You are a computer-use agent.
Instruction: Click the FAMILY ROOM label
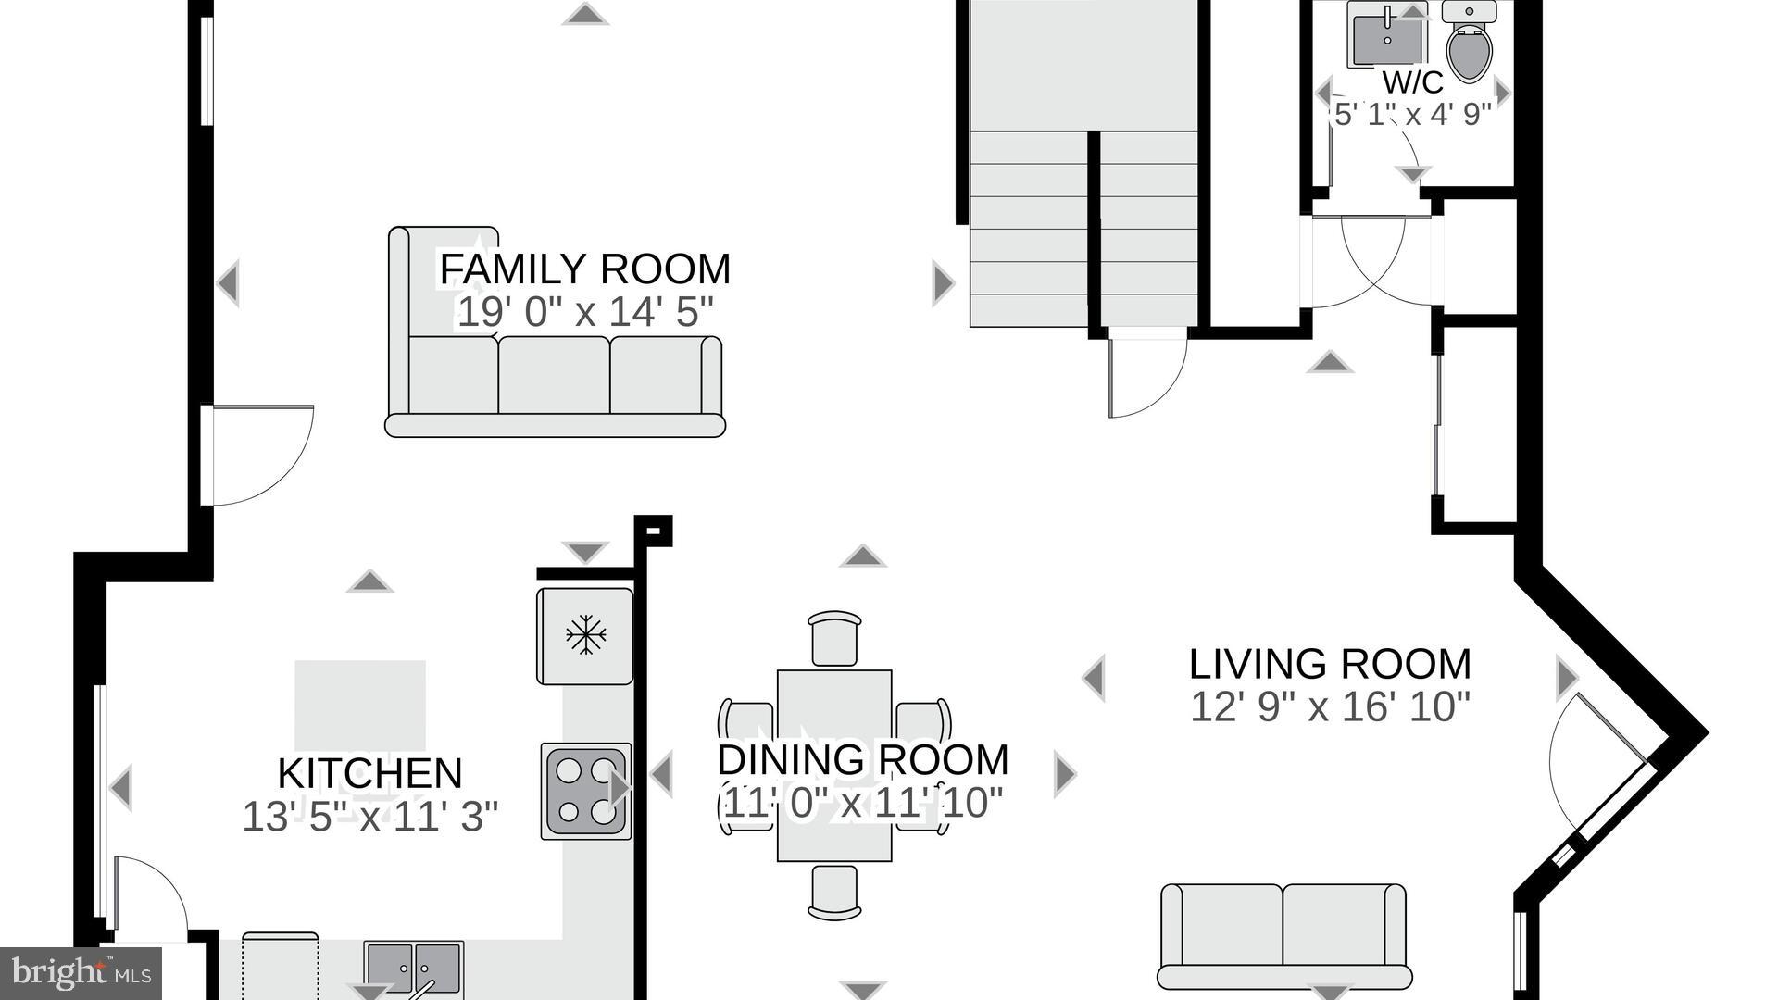click(585, 269)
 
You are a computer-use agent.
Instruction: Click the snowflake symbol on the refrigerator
click(585, 635)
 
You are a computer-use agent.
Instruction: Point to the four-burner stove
click(586, 792)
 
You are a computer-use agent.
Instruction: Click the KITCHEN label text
click(369, 773)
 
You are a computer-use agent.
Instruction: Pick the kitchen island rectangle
click(360, 706)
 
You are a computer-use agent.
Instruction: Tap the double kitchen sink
click(413, 968)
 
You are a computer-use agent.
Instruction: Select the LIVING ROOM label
click(1330, 664)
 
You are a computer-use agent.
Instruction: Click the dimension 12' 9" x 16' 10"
click(1330, 706)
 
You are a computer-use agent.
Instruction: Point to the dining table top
click(834, 766)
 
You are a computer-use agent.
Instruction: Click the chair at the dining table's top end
click(834, 638)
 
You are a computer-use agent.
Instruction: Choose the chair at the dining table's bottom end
click(834, 893)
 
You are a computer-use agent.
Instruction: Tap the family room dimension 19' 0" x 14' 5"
click(585, 312)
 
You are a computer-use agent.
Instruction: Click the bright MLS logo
click(81, 973)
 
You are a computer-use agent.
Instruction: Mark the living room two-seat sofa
click(1284, 936)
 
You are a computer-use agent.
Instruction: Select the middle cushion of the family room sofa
click(554, 374)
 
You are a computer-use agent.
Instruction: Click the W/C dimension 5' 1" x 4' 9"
click(1412, 115)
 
